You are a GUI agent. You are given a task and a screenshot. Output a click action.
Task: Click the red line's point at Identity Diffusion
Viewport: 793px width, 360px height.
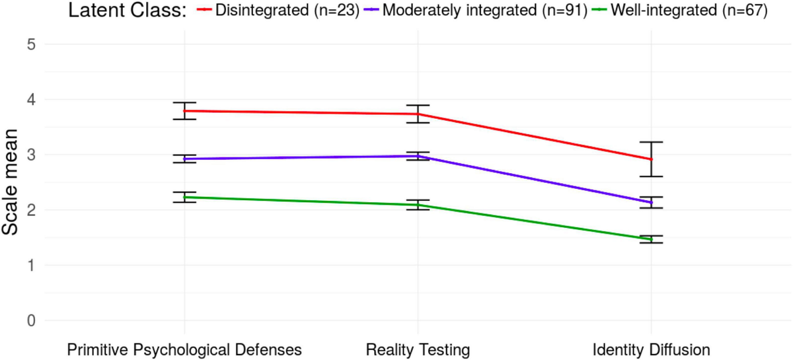651,159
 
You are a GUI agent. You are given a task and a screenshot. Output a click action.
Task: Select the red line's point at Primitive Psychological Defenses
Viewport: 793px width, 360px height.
184,111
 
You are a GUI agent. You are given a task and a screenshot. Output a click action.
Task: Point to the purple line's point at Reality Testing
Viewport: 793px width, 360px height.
418,156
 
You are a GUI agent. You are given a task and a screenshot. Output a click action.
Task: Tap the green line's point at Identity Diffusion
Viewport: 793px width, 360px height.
651,239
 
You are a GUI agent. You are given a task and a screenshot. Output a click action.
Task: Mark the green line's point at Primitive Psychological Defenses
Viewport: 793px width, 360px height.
184,197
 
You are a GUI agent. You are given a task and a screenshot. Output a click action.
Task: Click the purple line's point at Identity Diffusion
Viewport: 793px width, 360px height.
651,202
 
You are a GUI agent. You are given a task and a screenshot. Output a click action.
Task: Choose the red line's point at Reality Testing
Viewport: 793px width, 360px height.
418,114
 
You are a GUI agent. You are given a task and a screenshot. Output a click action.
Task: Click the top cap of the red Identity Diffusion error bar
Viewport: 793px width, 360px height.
651,142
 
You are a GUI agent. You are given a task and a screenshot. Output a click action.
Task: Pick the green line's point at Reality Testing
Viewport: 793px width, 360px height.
418,205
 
